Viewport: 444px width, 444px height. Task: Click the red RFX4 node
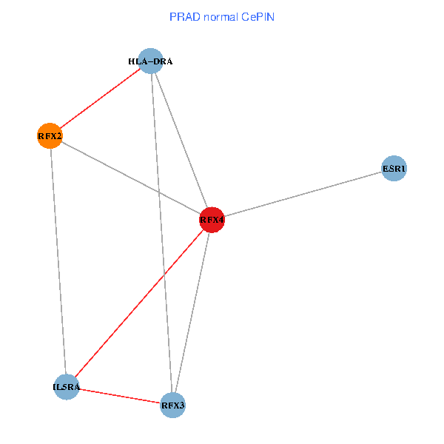click(x=212, y=220)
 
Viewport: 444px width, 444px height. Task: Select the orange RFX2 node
click(x=50, y=136)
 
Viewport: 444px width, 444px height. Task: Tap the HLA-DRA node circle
click(x=150, y=61)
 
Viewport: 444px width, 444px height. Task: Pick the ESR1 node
click(x=394, y=169)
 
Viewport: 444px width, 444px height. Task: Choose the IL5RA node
click(x=66, y=387)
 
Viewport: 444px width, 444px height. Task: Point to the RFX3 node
click(x=172, y=406)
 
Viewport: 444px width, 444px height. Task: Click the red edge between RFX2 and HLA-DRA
click(x=100, y=98)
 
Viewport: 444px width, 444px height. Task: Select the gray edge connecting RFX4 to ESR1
click(x=303, y=194)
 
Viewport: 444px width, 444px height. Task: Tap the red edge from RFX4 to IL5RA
click(x=138, y=303)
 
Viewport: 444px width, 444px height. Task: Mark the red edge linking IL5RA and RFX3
click(x=119, y=396)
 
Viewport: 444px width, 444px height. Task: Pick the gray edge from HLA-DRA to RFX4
click(x=181, y=141)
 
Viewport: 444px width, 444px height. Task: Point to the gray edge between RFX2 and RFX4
click(x=111, y=168)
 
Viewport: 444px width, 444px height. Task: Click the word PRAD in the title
click(x=182, y=16)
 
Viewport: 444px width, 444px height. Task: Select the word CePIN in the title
click(x=258, y=16)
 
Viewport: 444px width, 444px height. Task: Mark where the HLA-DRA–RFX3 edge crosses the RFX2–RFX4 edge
click(x=158, y=192)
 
